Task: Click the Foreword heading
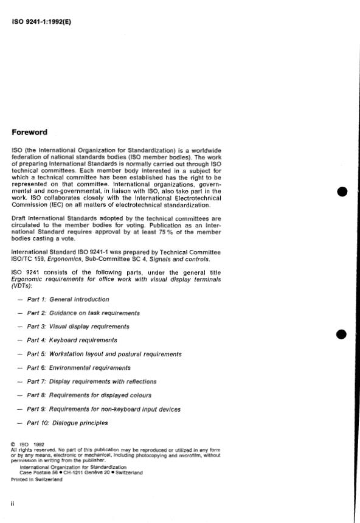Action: (x=30, y=132)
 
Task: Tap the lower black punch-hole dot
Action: (x=341, y=334)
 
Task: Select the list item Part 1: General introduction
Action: (x=68, y=299)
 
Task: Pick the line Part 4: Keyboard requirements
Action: (x=72, y=340)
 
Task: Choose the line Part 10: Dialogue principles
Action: (x=67, y=423)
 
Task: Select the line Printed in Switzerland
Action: (x=36, y=479)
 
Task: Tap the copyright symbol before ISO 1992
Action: (x=13, y=444)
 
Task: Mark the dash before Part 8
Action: (x=21, y=395)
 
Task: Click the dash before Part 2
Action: (x=21, y=313)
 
